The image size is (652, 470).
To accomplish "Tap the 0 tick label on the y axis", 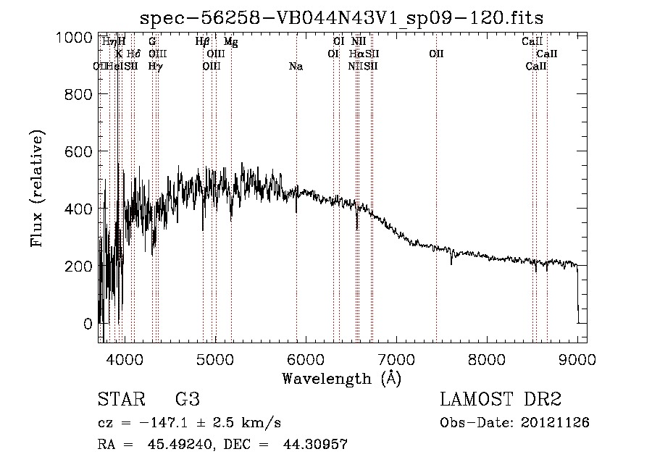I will [88, 324].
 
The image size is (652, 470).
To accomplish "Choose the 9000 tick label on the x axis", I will [577, 358].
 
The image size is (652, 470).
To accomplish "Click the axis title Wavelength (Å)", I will [341, 378].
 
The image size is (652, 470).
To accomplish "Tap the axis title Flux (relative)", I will [37, 188].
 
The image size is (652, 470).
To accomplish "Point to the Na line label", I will [296, 67].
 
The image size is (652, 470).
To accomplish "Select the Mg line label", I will [230, 42].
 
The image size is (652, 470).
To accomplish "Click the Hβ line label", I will [202, 42].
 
